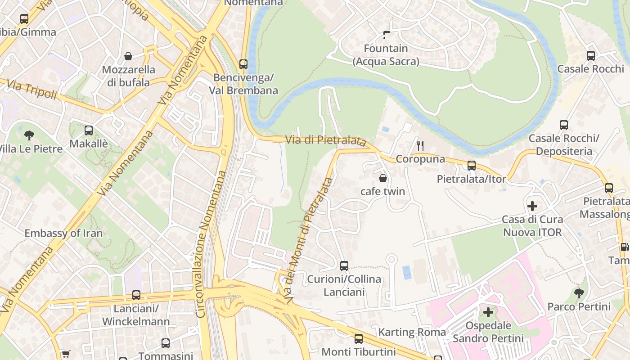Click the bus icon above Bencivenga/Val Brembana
243,64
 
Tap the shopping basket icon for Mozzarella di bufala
128,56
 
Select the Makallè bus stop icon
89,130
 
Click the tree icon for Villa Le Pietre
29,135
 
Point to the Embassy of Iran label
63,233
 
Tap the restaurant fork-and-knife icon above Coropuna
420,145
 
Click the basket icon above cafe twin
383,178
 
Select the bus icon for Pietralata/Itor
471,166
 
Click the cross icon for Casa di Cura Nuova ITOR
532,206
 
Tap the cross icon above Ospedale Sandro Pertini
488,312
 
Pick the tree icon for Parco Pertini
579,293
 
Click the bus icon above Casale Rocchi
590,56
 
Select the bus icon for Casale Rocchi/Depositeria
563,125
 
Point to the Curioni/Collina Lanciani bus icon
344,265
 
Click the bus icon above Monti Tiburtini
358,338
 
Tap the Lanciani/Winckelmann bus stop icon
136,295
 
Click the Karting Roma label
412,332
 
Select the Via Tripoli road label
31,89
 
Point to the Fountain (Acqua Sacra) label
386,54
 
